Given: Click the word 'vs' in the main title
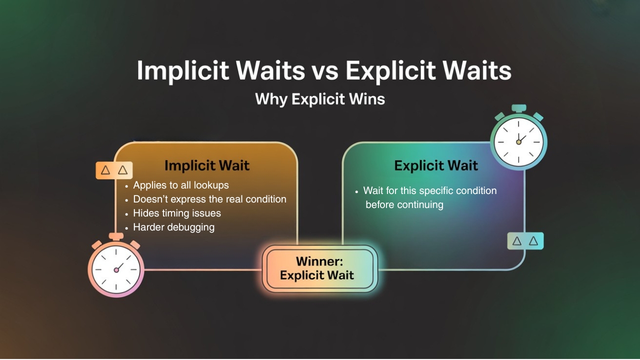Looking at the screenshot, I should [324, 70].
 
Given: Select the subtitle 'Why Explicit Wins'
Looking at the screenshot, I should [320, 99].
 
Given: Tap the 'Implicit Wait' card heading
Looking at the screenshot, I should [207, 165].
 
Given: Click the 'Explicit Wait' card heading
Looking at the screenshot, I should [436, 165].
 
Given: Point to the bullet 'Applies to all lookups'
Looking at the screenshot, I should [180, 185].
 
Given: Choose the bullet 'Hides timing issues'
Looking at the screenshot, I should [176, 213].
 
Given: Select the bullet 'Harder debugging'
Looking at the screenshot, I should [173, 227].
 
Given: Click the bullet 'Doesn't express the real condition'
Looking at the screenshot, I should [209, 199].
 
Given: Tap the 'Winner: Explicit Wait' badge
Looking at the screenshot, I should [320, 268].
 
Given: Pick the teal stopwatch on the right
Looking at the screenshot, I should [518, 141].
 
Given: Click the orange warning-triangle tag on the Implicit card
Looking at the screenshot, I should [114, 170].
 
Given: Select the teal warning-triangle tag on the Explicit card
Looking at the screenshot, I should [525, 241].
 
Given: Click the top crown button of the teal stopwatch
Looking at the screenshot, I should [519, 108].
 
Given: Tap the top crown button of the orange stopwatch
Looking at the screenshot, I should [116, 236].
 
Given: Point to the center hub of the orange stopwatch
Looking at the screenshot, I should [116, 270].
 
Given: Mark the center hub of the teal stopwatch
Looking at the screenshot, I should [518, 142].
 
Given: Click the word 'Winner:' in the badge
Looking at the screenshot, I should [317, 261].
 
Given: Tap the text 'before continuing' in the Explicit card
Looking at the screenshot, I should [404, 204].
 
